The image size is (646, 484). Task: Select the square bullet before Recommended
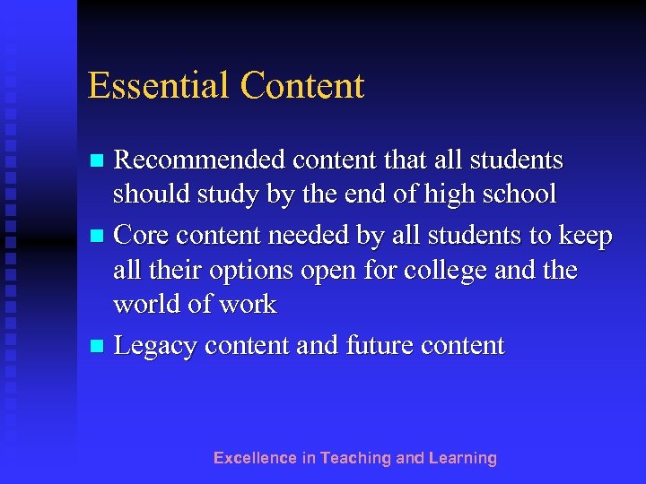tap(100, 161)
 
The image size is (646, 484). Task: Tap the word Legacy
tap(158, 346)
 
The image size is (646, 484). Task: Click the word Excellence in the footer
tap(254, 458)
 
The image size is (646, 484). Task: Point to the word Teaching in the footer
tap(355, 458)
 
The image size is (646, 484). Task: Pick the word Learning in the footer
tap(462, 458)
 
